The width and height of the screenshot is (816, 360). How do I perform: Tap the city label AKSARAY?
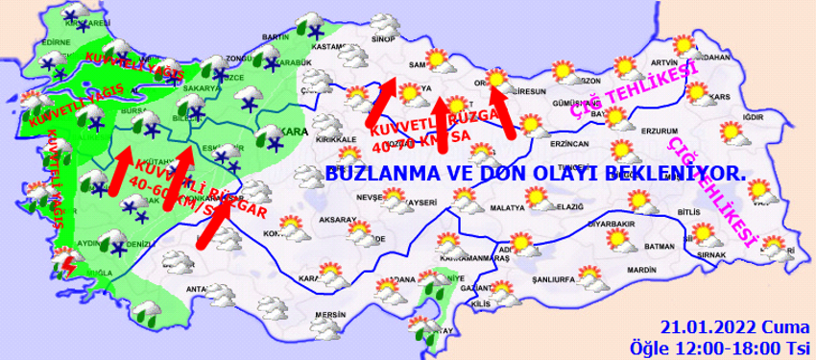[x=338, y=219]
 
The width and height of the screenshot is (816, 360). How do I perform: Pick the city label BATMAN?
[x=663, y=246]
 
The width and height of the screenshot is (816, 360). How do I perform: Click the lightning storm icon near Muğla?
[x=68, y=262]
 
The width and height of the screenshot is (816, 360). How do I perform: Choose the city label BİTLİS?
[x=716, y=209]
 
